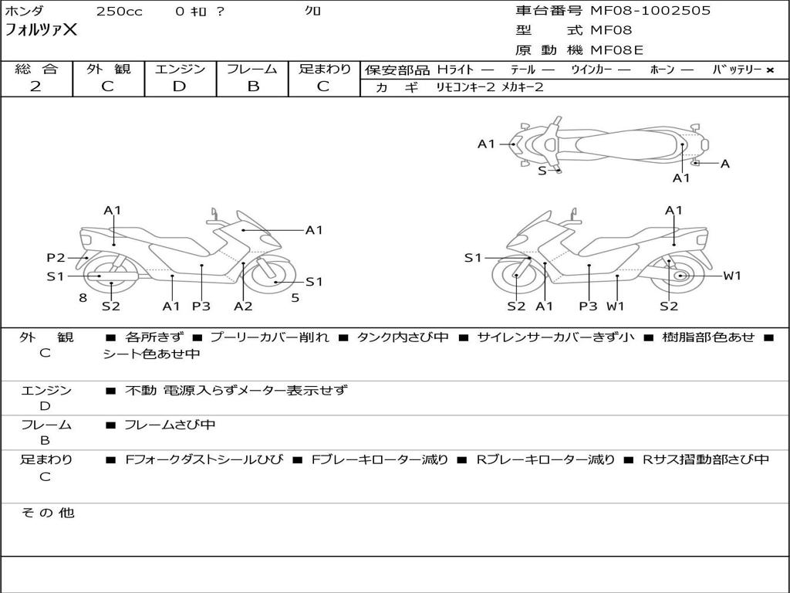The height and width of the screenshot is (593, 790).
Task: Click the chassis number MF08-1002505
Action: click(x=650, y=11)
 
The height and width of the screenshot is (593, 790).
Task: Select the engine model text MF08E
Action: click(x=616, y=50)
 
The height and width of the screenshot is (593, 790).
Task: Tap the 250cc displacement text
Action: click(x=120, y=12)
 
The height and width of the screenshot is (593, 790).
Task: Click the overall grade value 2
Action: click(x=35, y=86)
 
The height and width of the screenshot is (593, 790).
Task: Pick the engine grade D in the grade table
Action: click(x=179, y=86)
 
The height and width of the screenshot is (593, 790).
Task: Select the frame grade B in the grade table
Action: click(x=253, y=86)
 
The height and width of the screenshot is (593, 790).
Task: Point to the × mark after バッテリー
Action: click(x=770, y=70)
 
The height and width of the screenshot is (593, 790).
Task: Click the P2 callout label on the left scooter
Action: click(x=56, y=258)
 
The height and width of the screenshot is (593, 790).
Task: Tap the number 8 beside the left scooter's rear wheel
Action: click(x=83, y=297)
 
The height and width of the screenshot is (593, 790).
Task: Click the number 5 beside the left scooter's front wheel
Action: click(x=295, y=297)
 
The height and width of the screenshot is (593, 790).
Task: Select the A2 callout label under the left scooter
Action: click(x=243, y=306)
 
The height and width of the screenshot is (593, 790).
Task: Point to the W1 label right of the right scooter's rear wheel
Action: click(x=732, y=276)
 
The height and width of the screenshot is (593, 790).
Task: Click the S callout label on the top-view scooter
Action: click(x=542, y=171)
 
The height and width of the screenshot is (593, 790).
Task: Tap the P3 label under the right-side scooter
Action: click(x=588, y=306)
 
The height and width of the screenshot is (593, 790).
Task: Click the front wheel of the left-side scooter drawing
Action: click(x=272, y=276)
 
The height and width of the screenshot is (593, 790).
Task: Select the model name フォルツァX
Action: click(x=41, y=30)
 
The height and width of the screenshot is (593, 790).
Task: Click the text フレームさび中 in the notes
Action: click(x=170, y=425)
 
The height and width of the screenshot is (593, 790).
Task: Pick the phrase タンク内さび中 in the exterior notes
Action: click(x=403, y=337)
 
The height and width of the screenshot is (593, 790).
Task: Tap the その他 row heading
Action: click(x=47, y=513)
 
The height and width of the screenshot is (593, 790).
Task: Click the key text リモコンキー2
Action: click(x=465, y=87)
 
